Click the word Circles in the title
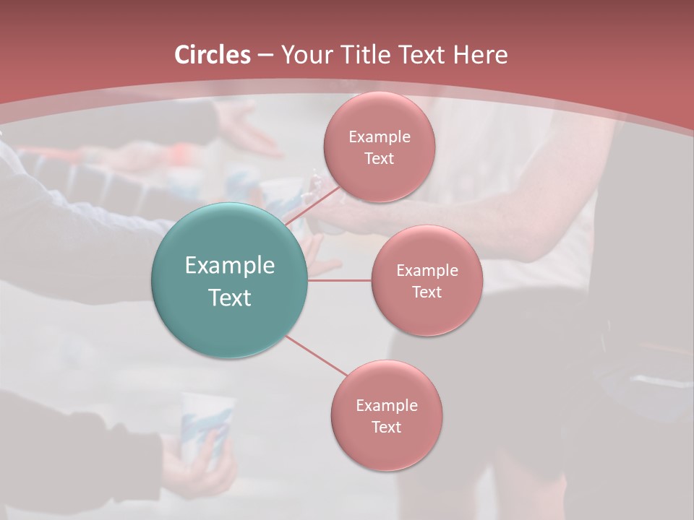212,55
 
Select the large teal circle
230,280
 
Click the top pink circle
379,147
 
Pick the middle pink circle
427,280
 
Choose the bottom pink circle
386,415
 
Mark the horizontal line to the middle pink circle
340,280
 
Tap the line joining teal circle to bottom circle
315,355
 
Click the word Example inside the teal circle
230,266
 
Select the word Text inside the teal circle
230,298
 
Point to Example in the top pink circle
379,137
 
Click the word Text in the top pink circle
379,159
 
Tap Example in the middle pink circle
427,271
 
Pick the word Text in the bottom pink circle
386,427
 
